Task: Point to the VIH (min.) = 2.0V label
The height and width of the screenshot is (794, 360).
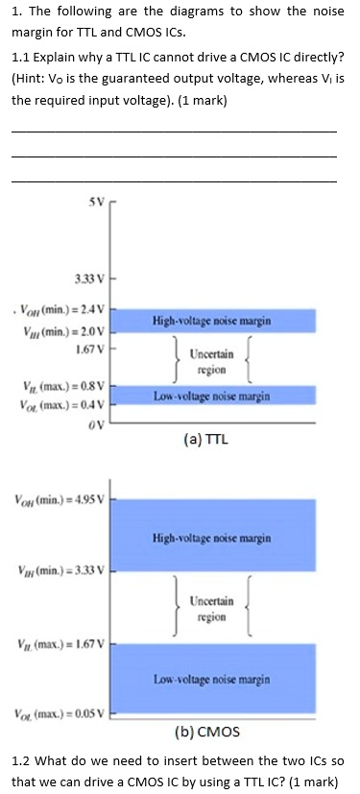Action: click(x=62, y=329)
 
